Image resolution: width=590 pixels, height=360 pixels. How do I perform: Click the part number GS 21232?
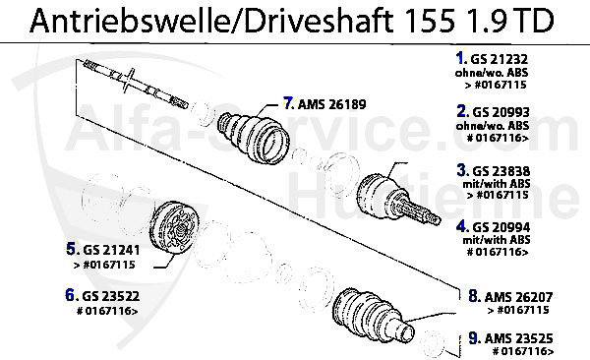[500, 59]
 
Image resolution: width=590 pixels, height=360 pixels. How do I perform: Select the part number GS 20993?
[501, 112]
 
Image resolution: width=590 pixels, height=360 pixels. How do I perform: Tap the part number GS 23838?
[501, 171]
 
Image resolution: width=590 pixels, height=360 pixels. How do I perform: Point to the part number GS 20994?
[501, 227]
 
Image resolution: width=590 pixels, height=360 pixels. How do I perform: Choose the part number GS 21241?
[111, 250]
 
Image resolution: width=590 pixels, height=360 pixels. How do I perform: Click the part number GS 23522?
[110, 296]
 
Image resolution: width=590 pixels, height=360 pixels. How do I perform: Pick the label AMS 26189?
[332, 104]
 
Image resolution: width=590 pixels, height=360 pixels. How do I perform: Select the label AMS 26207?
[518, 297]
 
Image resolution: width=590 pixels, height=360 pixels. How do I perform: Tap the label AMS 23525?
[519, 338]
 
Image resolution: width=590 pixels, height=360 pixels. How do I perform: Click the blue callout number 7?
[288, 103]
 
